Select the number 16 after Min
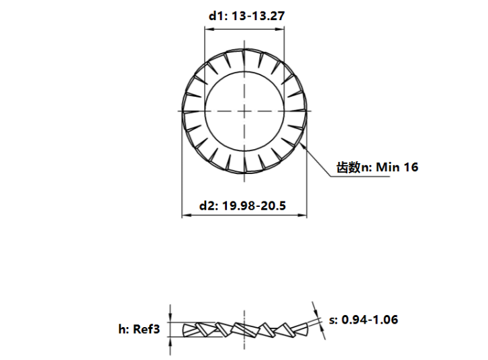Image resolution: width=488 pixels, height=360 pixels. pyautogui.click(x=410, y=167)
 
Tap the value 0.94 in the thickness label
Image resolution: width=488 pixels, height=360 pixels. pyautogui.click(x=356, y=320)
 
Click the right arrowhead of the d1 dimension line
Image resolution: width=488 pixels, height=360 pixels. pyautogui.click(x=283, y=28)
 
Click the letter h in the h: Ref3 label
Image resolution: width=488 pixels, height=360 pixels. pyautogui.click(x=122, y=329)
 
